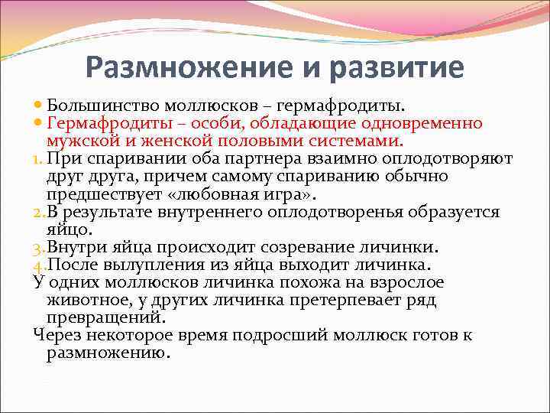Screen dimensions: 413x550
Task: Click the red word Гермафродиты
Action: point(106,123)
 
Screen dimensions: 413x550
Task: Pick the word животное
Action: point(86,301)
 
